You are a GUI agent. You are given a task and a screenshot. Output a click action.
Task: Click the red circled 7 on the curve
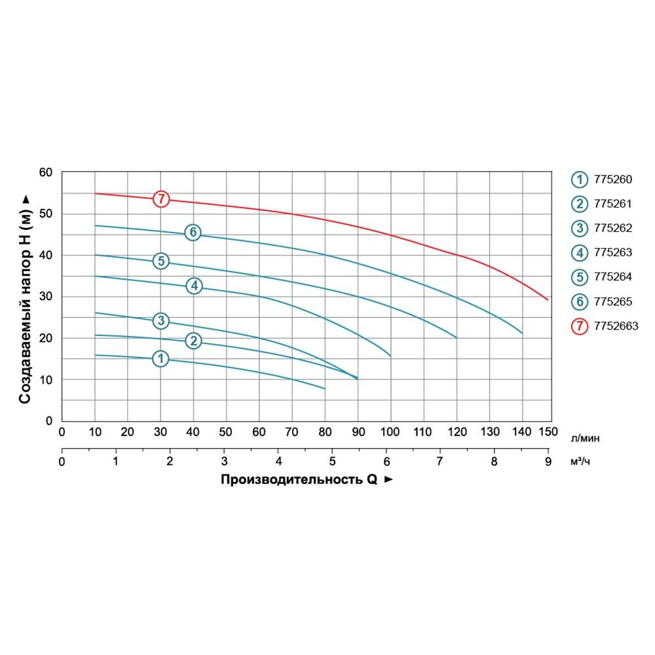coord(161,198)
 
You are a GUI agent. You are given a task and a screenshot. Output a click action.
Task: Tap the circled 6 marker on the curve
coord(192,232)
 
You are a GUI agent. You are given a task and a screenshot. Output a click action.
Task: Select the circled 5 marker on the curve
coord(160,261)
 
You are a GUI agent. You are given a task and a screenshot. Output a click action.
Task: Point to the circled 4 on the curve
coord(194,286)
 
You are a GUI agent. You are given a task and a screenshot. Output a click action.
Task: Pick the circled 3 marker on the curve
coord(161,320)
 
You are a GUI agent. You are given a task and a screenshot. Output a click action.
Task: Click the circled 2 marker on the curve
coord(193,341)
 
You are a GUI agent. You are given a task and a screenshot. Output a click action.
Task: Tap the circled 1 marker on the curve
coord(160,358)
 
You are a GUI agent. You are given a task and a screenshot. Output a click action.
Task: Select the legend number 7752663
coord(615,326)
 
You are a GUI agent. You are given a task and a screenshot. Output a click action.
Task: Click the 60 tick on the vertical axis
coord(45,172)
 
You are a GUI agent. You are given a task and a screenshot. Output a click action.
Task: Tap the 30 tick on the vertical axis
coord(45,297)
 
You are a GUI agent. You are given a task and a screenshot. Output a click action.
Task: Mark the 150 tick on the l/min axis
coord(548,432)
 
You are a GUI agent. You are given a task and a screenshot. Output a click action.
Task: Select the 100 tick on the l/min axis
coord(391,432)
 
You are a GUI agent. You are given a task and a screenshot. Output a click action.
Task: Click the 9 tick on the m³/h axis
coord(548,461)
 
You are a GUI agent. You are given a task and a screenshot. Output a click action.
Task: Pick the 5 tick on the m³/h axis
coord(332,461)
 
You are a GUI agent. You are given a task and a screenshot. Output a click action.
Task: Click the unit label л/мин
coord(585,436)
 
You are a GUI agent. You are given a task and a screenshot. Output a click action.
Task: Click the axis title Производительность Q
coord(299,479)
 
